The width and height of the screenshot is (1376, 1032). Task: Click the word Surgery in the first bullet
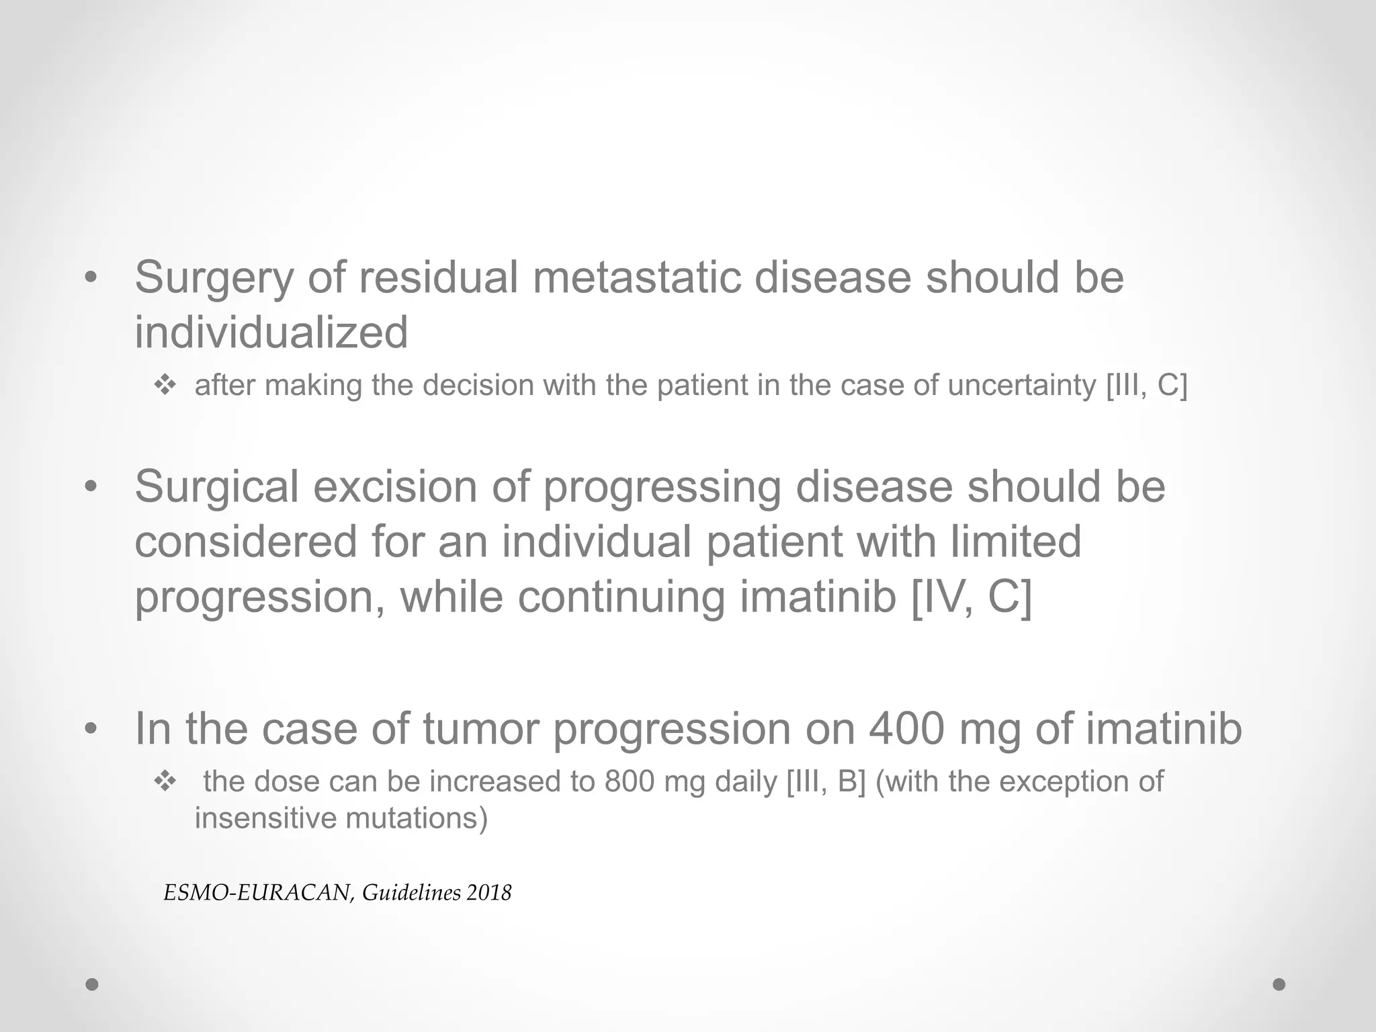pyautogui.click(x=214, y=278)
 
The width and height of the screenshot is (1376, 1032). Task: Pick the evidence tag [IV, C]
pyautogui.click(x=971, y=597)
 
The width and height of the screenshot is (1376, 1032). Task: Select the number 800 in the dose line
pyautogui.click(x=629, y=781)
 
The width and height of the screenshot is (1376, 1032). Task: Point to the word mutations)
pyautogui.click(x=417, y=818)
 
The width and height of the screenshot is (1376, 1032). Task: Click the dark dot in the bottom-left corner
pyautogui.click(x=92, y=984)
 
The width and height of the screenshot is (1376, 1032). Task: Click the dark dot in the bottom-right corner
pyautogui.click(x=1279, y=984)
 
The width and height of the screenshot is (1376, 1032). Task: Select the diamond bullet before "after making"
pyautogui.click(x=165, y=386)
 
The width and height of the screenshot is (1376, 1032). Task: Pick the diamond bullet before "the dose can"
pyautogui.click(x=165, y=781)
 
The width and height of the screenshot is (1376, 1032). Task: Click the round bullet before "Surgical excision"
pyautogui.click(x=91, y=486)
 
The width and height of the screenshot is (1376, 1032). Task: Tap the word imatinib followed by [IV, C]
pyautogui.click(x=818, y=597)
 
